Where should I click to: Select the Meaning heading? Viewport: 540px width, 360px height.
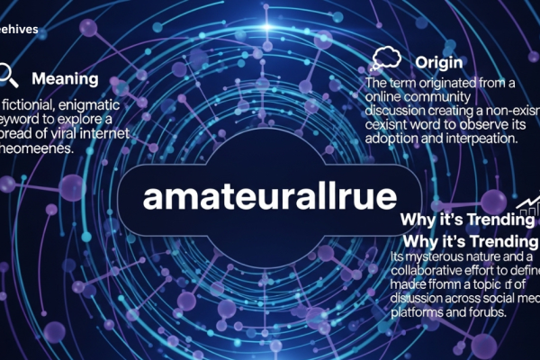point(65,79)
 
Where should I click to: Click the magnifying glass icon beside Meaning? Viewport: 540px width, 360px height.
point(9,75)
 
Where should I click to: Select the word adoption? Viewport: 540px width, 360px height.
point(393,141)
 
